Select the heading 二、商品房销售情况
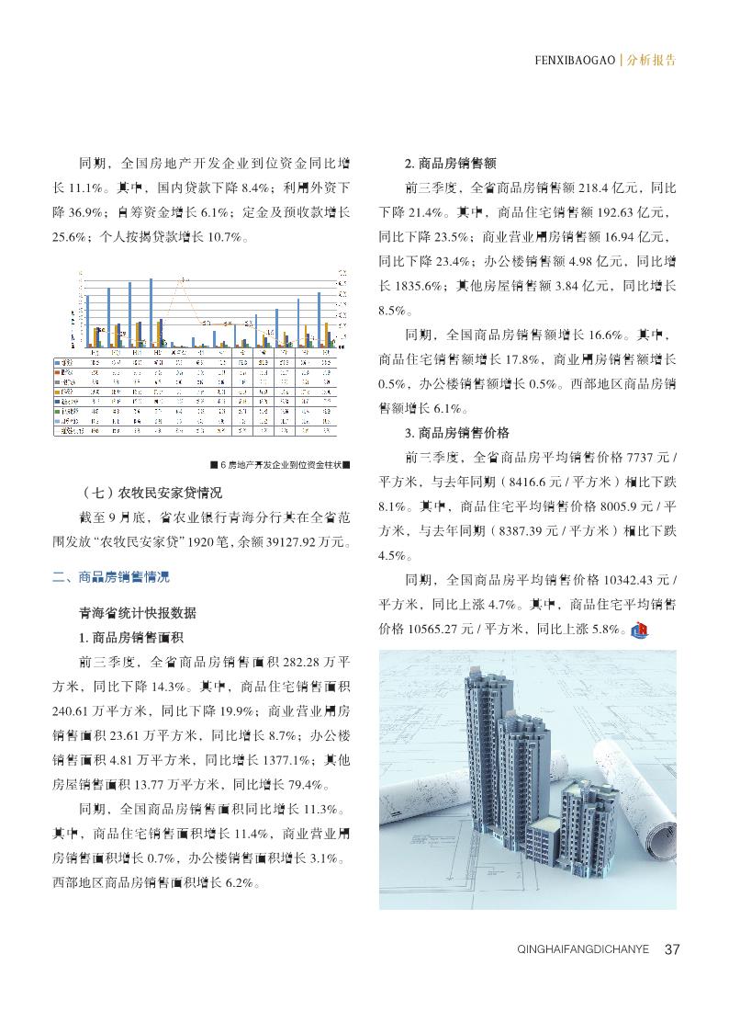(x=111, y=578)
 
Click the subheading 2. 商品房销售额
(x=451, y=164)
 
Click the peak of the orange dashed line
(x=184, y=278)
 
